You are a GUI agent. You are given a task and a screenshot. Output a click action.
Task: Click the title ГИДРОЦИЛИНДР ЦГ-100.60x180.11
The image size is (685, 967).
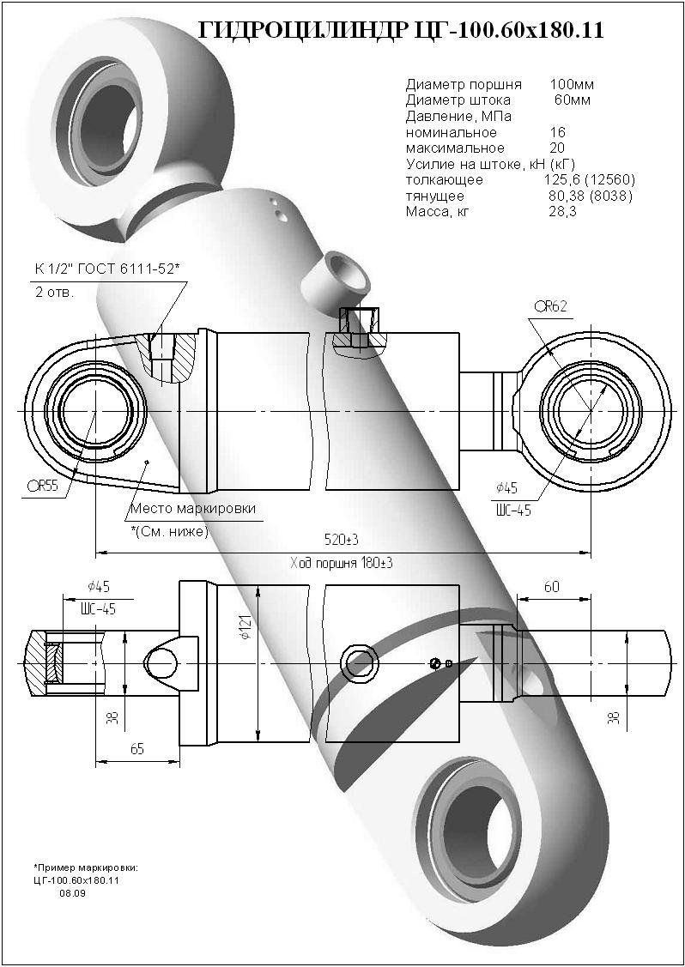[401, 31]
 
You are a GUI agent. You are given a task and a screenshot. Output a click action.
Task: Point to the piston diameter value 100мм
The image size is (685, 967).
[571, 85]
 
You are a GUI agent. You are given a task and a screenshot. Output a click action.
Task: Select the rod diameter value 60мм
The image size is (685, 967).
[573, 100]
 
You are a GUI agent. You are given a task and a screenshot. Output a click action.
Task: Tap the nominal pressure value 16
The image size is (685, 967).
[557, 133]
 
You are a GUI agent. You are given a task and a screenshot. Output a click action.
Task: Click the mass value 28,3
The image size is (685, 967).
[562, 212]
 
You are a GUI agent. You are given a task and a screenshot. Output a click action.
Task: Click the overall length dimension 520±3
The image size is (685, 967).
[341, 540]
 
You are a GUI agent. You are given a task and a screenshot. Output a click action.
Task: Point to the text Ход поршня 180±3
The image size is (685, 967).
[342, 563]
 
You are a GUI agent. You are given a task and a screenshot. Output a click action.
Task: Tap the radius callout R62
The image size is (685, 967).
[550, 305]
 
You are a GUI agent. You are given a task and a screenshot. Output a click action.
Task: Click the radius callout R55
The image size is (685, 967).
[42, 487]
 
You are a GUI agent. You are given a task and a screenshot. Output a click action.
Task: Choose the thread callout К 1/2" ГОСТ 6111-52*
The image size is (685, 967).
[107, 269]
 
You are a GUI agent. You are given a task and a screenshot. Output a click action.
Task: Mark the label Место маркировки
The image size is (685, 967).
[192, 509]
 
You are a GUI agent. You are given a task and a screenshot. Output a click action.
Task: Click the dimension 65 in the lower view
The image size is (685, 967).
[136, 747]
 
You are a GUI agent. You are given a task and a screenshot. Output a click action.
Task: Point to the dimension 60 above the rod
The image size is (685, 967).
[551, 587]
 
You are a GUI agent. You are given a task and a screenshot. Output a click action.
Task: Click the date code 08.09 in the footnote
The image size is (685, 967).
[72, 893]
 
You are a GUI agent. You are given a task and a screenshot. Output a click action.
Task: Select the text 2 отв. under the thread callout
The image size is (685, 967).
[55, 293]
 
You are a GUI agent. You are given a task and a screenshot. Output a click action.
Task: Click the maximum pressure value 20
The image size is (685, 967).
[557, 148]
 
